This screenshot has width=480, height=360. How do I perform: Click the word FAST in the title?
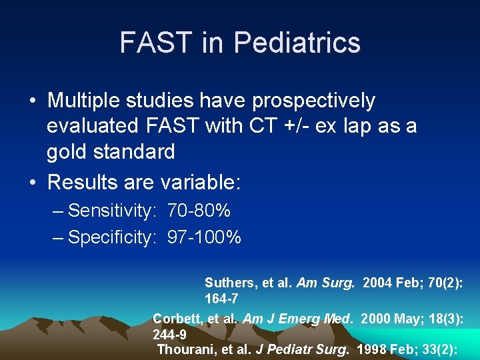[153, 43]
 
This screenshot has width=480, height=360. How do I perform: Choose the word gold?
[68, 152]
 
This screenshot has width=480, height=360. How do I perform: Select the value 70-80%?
[199, 211]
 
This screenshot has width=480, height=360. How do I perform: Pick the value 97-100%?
[205, 237]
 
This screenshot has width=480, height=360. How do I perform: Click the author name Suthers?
[226, 283]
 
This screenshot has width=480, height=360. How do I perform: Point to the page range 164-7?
[221, 298]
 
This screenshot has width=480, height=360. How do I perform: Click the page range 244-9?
[169, 335]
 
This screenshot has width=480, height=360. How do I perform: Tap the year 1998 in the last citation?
[371, 349]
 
